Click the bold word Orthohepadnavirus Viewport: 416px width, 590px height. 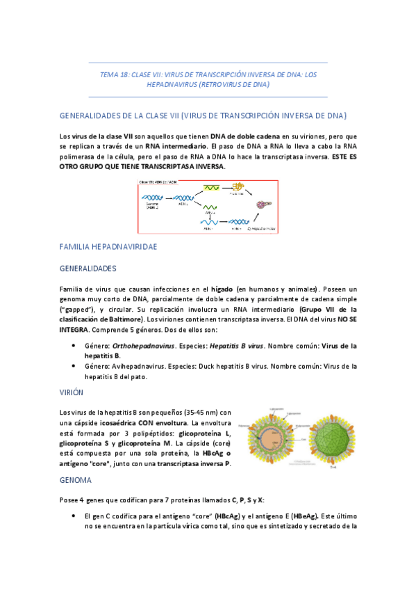142,346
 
